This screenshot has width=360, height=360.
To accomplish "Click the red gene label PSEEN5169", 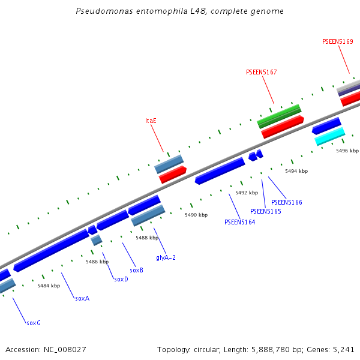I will pos(337,42).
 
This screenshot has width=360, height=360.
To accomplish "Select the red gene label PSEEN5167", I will pos(262,72).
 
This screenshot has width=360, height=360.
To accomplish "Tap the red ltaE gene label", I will pos(151,121).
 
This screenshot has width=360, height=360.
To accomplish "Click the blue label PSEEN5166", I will pos(286,202).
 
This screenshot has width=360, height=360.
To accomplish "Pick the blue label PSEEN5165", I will pos(265,211).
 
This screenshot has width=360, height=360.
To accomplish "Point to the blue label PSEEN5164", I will pos(239,222).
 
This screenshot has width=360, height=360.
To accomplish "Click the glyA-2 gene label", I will pos(166,257).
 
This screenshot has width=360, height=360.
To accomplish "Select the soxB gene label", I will pos(136,270).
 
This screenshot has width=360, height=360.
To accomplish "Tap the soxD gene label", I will pos(121,279).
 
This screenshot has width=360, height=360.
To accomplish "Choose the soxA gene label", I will pos(82,298).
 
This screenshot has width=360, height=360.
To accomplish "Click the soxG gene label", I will pos(34,323).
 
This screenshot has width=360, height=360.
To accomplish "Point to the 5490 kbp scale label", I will pos(196,215).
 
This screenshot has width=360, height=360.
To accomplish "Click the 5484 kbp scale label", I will pos(49,286).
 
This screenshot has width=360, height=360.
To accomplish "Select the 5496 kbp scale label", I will pos(347,151).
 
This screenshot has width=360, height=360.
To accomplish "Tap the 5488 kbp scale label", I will pos(147,238).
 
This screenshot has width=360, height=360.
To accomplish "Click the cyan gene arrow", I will pos(330,136).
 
